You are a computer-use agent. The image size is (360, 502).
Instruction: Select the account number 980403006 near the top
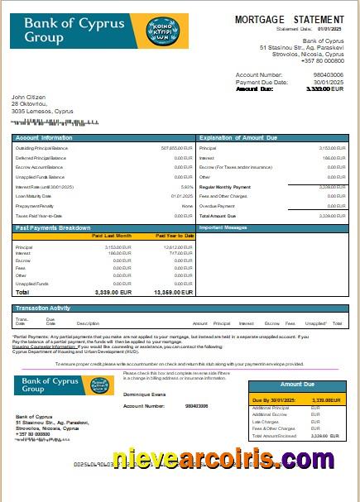[329, 74]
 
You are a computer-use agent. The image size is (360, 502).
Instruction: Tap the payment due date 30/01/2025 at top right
[330, 82]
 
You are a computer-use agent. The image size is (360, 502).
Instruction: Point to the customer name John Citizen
[29, 97]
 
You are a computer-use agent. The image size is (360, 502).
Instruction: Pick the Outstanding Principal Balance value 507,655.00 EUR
[177, 148]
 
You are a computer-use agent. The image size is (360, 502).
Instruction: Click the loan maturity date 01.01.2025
[182, 196]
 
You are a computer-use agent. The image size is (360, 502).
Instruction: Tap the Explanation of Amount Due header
[239, 137]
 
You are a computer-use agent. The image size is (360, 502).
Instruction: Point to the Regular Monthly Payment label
[225, 187]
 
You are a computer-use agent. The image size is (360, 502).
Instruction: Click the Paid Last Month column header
[112, 236]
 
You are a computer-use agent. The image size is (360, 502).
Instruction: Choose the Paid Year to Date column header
[175, 236]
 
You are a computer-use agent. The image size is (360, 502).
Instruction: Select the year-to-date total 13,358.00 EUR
[174, 292]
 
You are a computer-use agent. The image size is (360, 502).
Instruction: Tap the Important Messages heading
[224, 227]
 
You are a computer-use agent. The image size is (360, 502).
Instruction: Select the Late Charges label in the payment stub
[265, 422]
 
